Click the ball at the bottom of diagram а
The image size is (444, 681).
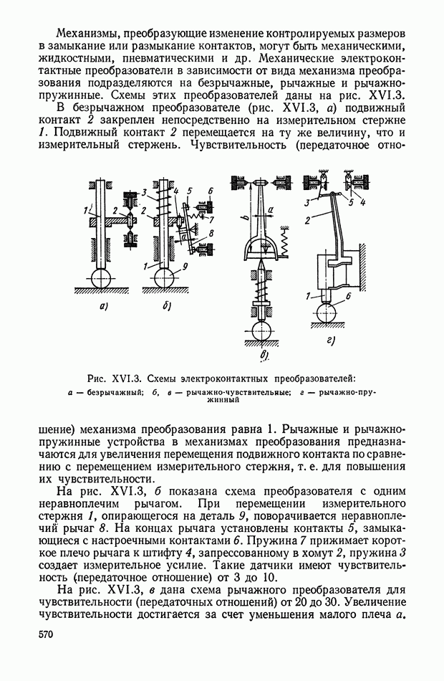point(101,277)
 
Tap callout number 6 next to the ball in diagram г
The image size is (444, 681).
point(347,295)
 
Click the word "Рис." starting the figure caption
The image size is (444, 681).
point(97,377)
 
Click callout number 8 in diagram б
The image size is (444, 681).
point(211,233)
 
